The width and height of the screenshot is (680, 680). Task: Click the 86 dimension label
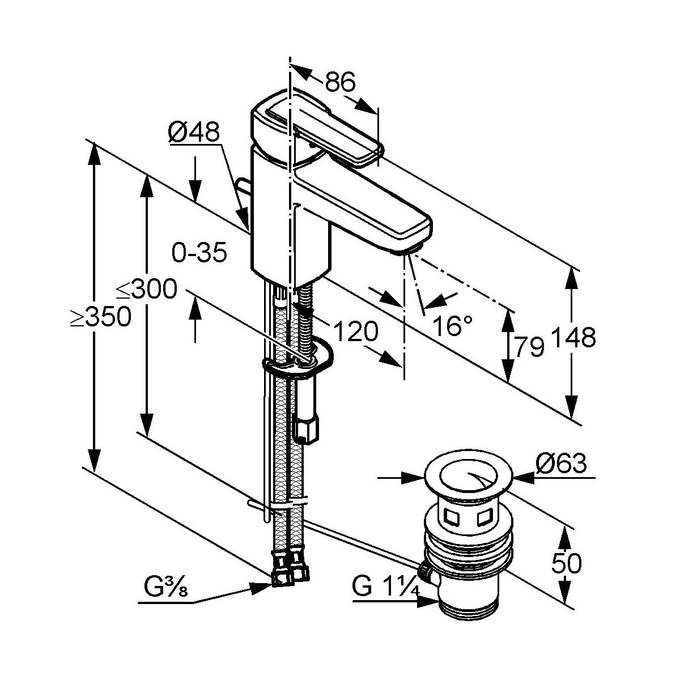pyautogui.click(x=340, y=82)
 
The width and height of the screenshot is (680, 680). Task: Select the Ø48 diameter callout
pyautogui.click(x=194, y=132)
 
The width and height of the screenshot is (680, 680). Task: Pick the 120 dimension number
pyautogui.click(x=355, y=331)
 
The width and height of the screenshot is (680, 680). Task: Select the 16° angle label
pyautogui.click(x=452, y=326)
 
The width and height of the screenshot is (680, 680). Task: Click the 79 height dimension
pyautogui.click(x=529, y=347)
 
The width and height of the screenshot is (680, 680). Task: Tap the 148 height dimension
pyautogui.click(x=573, y=337)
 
